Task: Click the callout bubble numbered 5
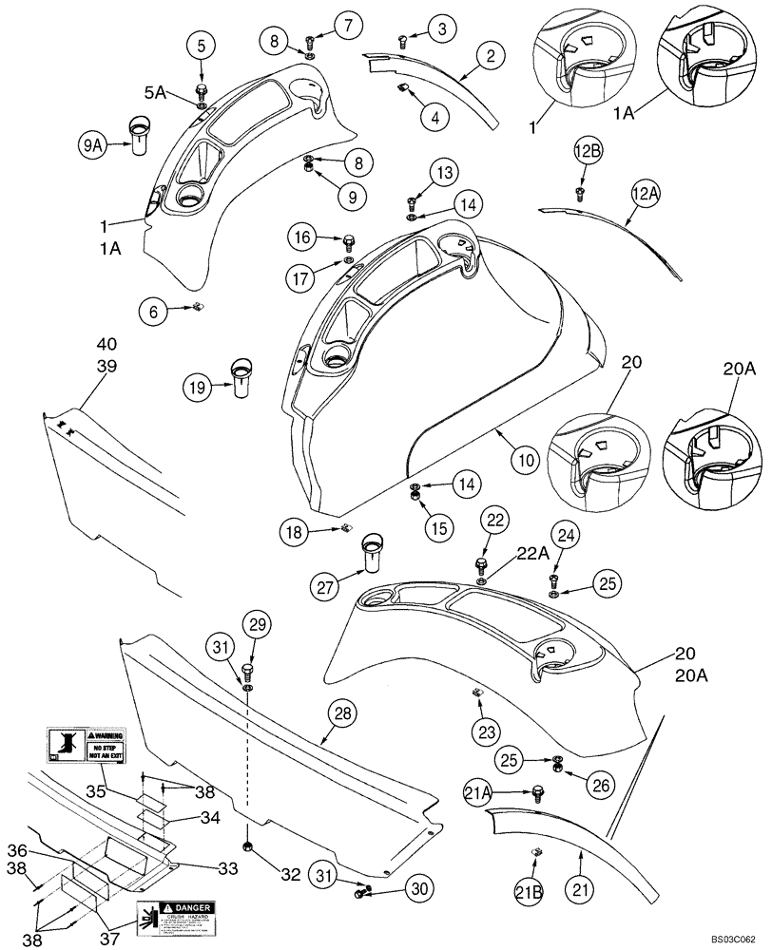tap(202, 43)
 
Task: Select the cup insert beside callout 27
tap(372, 555)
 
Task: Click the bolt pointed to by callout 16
tap(348, 238)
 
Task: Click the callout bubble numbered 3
tap(440, 29)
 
